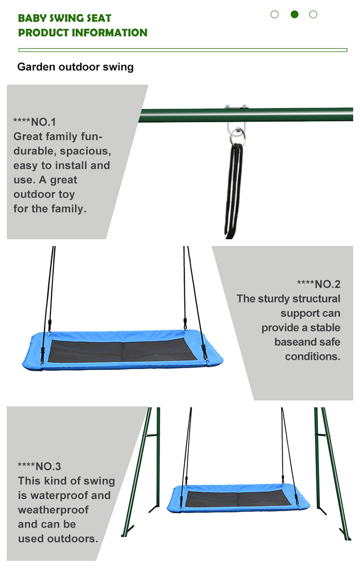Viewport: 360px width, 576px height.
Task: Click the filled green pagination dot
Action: click(294, 14)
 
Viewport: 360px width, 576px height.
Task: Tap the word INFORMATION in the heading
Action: click(109, 33)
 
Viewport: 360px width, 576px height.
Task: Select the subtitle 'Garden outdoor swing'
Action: click(75, 67)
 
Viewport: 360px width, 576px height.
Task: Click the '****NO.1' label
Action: click(35, 122)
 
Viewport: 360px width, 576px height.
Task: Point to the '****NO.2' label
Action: click(319, 284)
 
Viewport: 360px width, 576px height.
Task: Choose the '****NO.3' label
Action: click(39, 466)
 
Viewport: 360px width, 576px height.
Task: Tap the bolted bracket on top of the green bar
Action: click(236, 107)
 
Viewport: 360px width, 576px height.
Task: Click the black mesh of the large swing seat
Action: click(122, 350)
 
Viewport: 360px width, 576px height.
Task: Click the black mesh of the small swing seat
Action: click(239, 499)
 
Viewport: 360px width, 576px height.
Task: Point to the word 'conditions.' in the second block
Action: click(312, 356)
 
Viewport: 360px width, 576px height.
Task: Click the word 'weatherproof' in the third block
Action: click(53, 510)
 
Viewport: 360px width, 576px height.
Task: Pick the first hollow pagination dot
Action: click(275, 14)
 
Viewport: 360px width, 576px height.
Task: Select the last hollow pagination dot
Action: click(313, 14)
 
